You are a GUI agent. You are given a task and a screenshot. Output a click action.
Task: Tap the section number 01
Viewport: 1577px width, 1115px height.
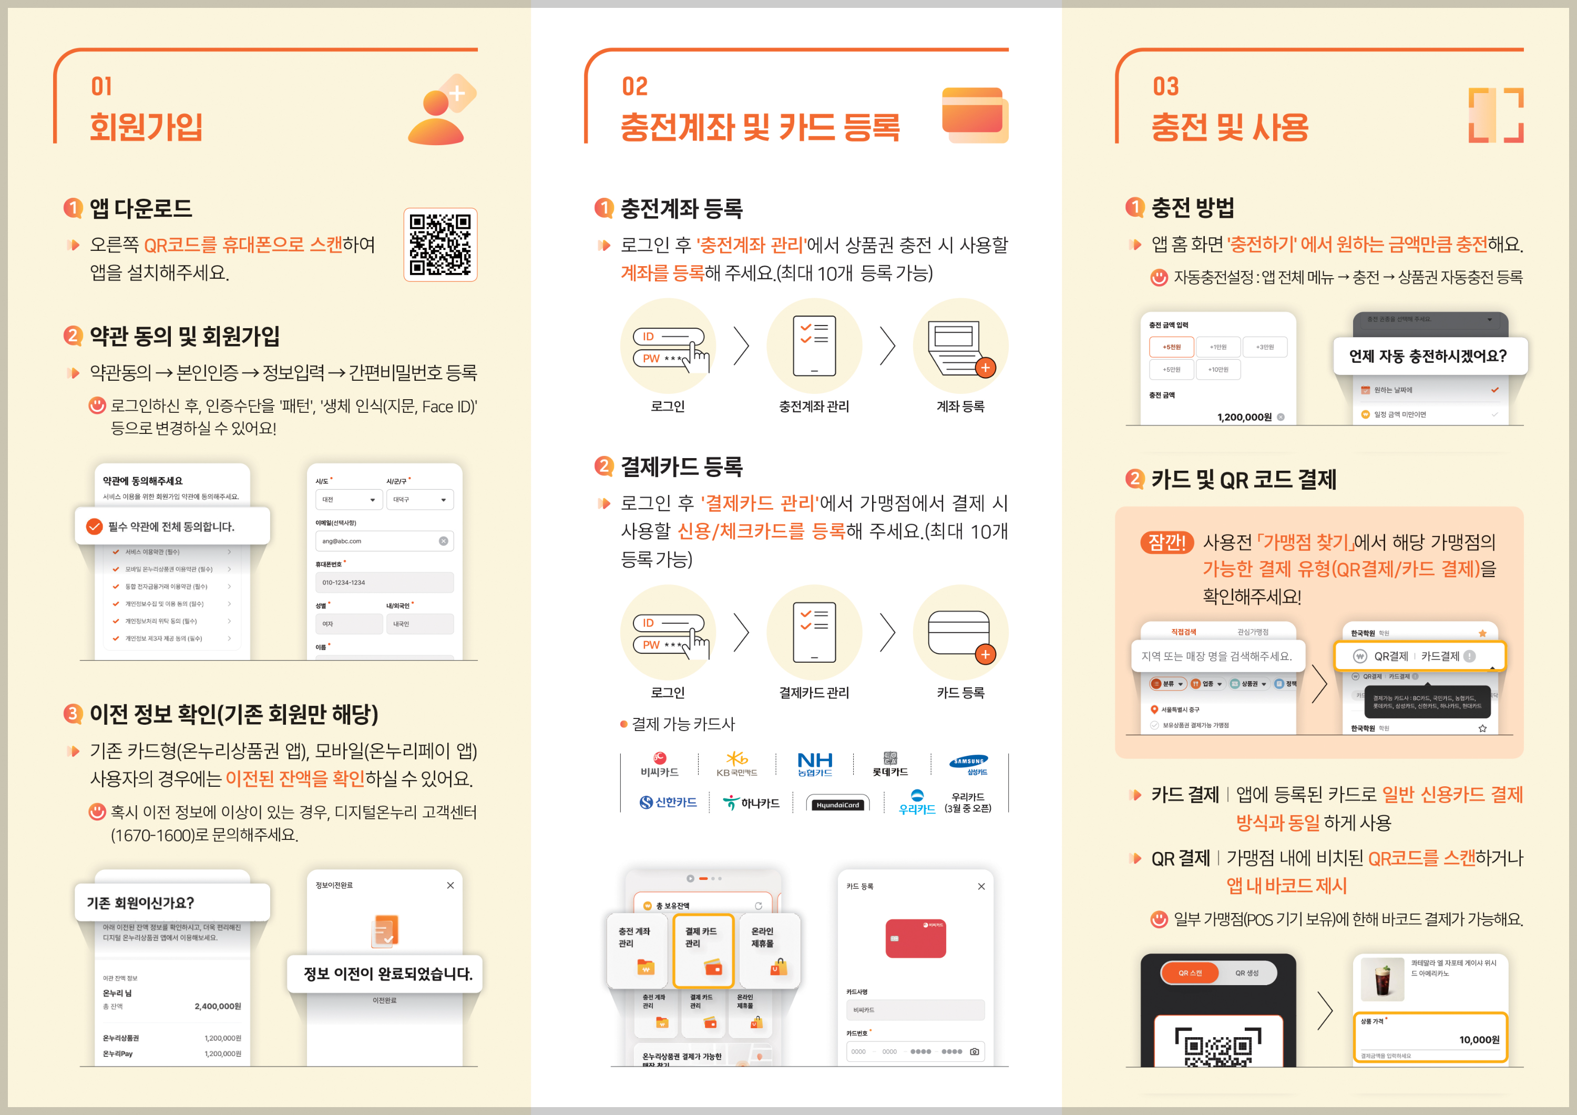pyautogui.click(x=101, y=87)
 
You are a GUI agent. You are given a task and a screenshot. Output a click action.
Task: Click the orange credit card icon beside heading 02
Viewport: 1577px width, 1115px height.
pyautogui.click(x=974, y=114)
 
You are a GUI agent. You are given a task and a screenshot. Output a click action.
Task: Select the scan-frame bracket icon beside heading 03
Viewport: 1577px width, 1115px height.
pyautogui.click(x=1496, y=115)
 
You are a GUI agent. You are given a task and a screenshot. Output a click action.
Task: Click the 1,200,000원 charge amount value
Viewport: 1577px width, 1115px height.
pyautogui.click(x=1244, y=417)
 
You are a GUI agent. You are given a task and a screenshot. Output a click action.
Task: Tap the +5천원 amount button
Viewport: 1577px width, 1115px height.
pyautogui.click(x=1171, y=347)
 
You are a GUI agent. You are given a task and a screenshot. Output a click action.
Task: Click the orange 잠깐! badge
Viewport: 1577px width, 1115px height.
pyautogui.click(x=1166, y=542)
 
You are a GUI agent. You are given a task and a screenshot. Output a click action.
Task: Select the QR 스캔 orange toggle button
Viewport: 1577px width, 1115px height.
pyautogui.click(x=1190, y=973)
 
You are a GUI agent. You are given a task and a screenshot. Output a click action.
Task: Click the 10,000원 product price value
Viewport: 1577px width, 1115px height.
pyautogui.click(x=1479, y=1039)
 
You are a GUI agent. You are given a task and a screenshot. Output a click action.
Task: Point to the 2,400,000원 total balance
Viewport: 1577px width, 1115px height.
pyautogui.click(x=217, y=1006)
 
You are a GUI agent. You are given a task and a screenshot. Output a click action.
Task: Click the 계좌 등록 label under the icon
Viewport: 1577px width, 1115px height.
pyautogui.click(x=960, y=406)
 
